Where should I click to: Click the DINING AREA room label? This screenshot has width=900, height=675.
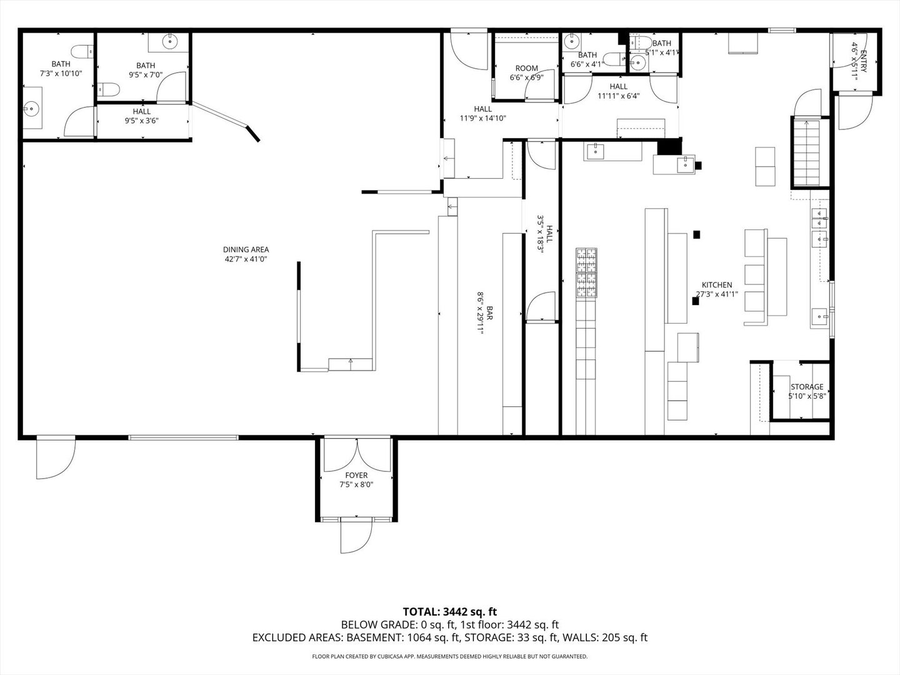(x=246, y=250)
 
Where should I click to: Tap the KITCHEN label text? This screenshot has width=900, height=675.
(x=716, y=285)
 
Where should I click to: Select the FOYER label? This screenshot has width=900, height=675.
(x=356, y=476)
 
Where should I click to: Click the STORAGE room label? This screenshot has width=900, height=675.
(x=807, y=387)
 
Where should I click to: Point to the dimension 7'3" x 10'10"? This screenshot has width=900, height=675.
(x=61, y=73)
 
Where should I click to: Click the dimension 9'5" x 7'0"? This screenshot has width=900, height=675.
(x=146, y=75)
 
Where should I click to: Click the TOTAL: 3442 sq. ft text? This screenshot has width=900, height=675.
(x=450, y=611)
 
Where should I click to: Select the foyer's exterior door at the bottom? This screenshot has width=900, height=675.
(x=356, y=536)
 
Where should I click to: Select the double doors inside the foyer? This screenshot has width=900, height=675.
(x=356, y=454)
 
